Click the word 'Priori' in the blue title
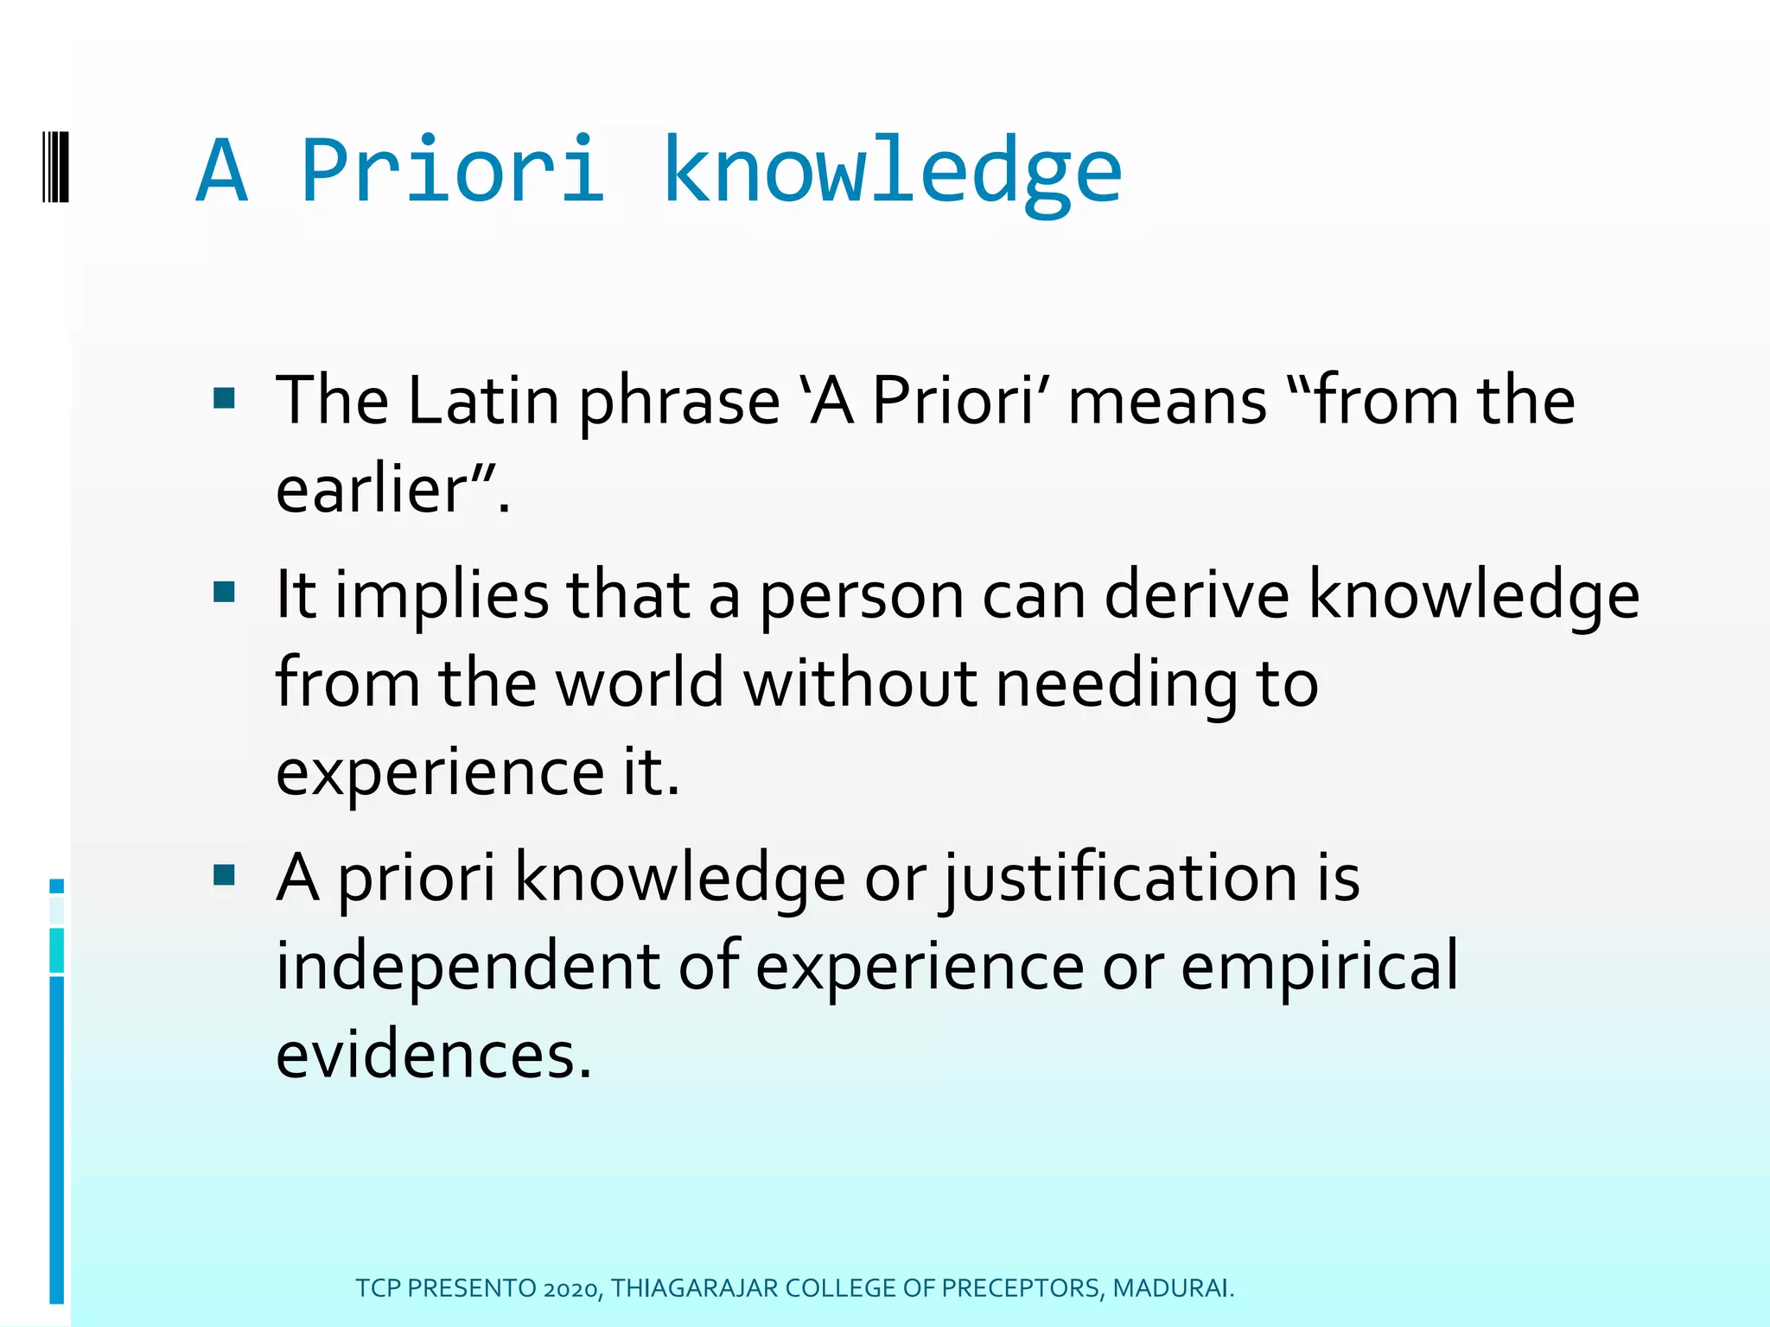click(451, 171)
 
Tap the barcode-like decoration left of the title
click(55, 167)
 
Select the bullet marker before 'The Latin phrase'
click(225, 398)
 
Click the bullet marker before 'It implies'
click(225, 592)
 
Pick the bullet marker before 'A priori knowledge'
click(225, 875)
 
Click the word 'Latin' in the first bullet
click(483, 402)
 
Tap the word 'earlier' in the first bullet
click(372, 491)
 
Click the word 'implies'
click(442, 596)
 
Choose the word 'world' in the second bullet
click(639, 683)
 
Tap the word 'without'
click(860, 683)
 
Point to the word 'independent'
click(468, 967)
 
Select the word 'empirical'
click(1319, 967)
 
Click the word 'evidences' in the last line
click(424, 1056)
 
